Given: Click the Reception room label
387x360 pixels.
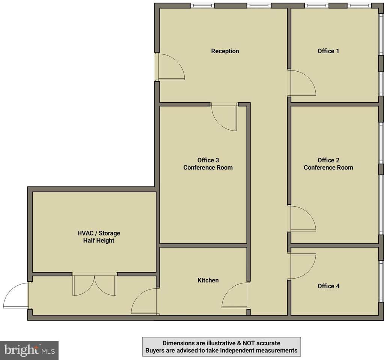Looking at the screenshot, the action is click(x=225, y=51).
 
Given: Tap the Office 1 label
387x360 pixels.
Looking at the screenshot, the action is click(x=328, y=51).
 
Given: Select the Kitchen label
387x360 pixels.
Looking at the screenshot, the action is click(x=208, y=280).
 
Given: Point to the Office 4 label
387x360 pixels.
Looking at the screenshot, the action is click(x=328, y=286).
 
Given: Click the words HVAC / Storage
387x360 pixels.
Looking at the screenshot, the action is click(x=99, y=233).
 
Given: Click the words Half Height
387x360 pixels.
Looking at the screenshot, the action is click(x=99, y=240).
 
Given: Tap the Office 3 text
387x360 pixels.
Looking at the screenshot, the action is click(x=208, y=160).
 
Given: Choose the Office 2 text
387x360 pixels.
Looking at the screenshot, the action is click(x=328, y=160).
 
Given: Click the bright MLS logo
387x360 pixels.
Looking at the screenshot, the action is click(x=29, y=350).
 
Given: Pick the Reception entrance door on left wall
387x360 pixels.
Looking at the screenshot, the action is click(x=171, y=67).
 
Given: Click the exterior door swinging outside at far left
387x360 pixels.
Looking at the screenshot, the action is click(x=16, y=295).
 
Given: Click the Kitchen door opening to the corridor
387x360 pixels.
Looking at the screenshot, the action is click(x=235, y=295).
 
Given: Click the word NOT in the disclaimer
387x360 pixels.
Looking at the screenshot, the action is click(x=248, y=343).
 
